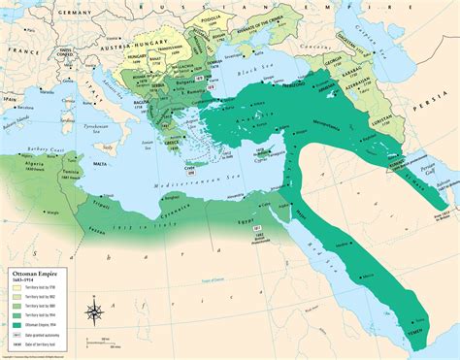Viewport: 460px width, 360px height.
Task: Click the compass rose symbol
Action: point(94,312)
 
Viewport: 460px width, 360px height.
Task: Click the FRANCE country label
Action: point(17,47)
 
